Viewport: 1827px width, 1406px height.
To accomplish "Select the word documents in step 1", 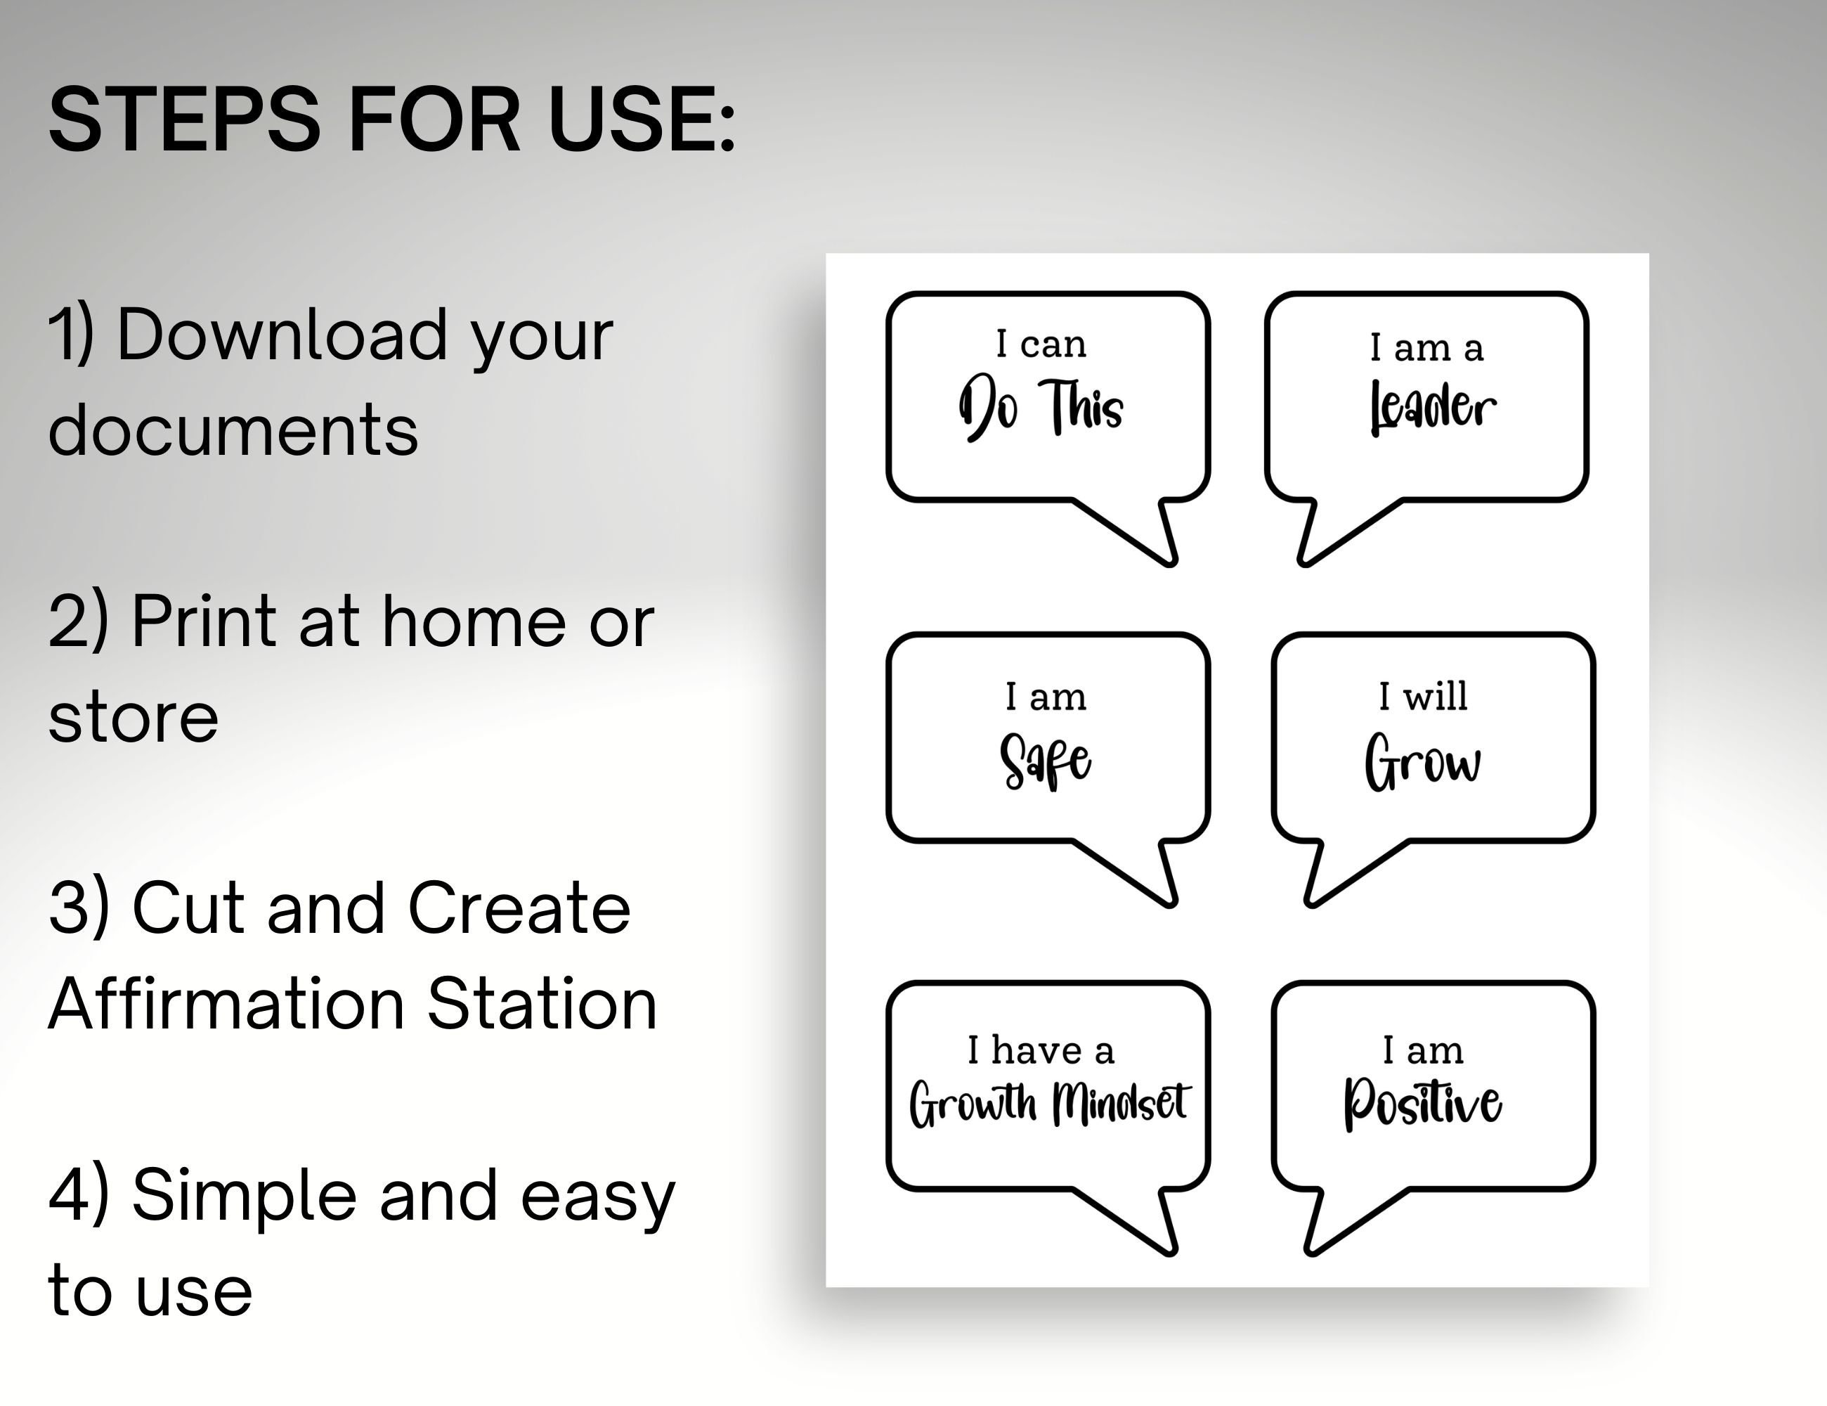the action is pyautogui.click(x=233, y=430).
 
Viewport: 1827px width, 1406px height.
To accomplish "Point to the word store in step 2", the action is pyautogui.click(x=134, y=718).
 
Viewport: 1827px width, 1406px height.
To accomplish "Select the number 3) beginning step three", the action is pyautogui.click(x=79, y=909).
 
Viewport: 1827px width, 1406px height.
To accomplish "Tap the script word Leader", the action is pyautogui.click(x=1432, y=408).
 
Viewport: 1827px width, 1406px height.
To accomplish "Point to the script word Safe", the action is pyautogui.click(x=1045, y=761).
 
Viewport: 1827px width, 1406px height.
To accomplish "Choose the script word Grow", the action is pyautogui.click(x=1422, y=761).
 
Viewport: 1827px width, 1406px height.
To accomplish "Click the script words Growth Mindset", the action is pyautogui.click(x=1049, y=1104).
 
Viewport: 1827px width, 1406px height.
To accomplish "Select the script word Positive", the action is pyautogui.click(x=1422, y=1104).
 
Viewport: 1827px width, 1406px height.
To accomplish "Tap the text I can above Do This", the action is pyautogui.click(x=1041, y=344).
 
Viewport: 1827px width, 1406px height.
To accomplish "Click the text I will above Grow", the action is pyautogui.click(x=1423, y=695).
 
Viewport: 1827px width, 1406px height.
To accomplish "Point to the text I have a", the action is pyautogui.click(x=1041, y=1050).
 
